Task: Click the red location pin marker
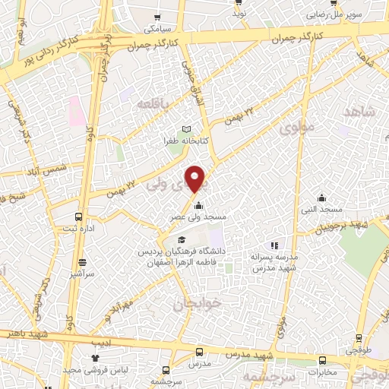pyautogui.click(x=196, y=179)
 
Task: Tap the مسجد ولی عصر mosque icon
pyautogui.click(x=198, y=206)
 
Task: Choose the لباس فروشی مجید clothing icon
pyautogui.click(x=95, y=357)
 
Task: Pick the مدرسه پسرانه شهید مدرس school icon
pyautogui.click(x=274, y=245)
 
